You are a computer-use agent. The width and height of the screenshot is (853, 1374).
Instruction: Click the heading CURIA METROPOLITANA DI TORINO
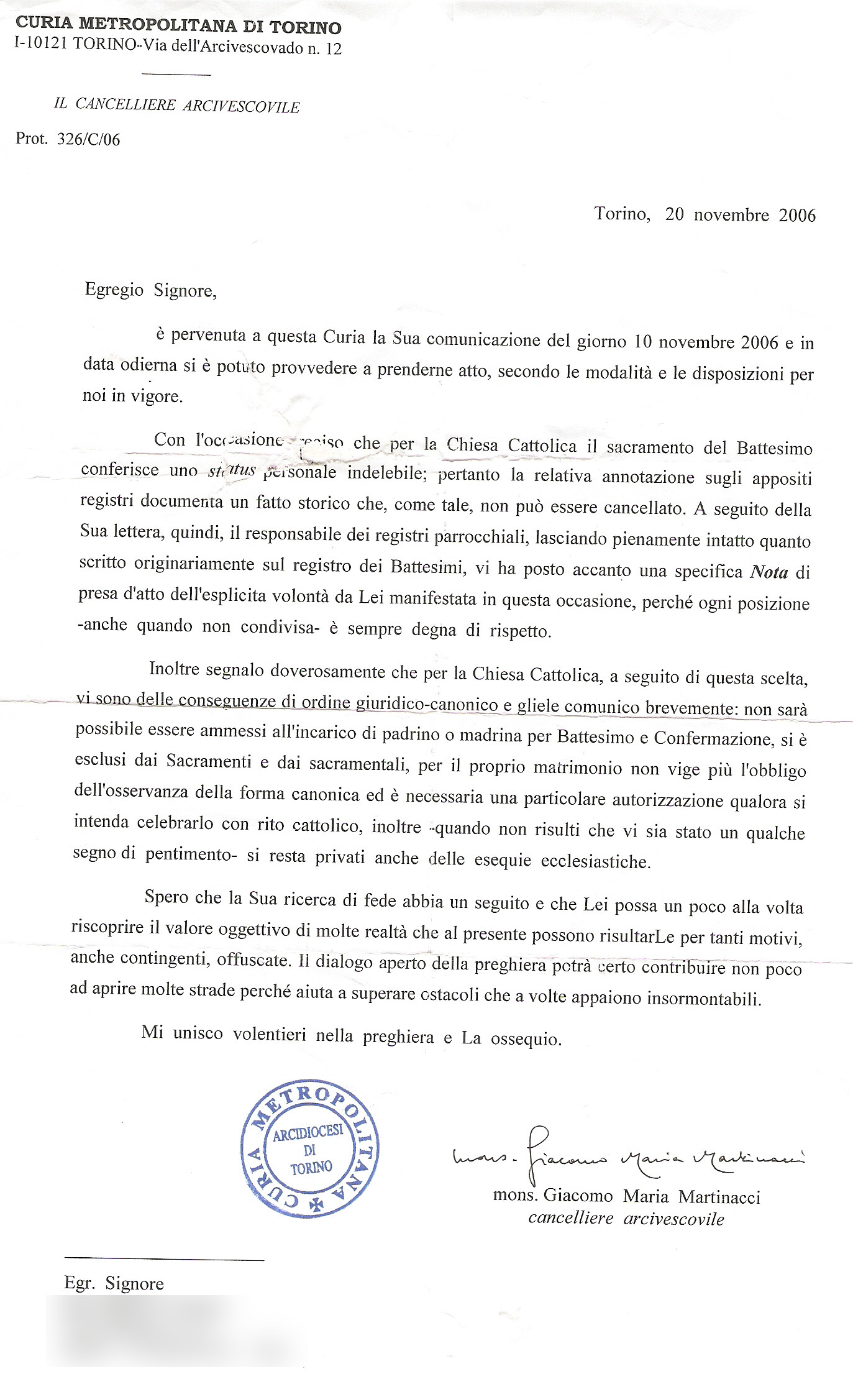178,25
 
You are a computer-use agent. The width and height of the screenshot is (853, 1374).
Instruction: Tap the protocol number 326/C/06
88,139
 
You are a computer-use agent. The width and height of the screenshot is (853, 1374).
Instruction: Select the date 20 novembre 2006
740,215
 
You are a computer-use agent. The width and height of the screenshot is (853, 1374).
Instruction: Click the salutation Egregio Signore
150,290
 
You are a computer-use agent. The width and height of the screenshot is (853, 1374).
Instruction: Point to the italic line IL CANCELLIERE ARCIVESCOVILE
176,105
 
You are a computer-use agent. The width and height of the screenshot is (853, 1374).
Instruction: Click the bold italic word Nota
769,572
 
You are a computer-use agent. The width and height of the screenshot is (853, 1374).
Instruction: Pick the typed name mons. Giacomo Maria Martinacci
626,1196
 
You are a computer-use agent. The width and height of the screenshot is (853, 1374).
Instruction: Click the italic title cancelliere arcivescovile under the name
626,1219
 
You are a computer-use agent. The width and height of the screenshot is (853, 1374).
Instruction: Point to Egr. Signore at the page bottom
114,1284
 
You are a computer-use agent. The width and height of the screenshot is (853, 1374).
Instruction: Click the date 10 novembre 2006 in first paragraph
706,342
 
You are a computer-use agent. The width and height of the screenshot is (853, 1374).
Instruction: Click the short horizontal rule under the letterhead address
176,75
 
